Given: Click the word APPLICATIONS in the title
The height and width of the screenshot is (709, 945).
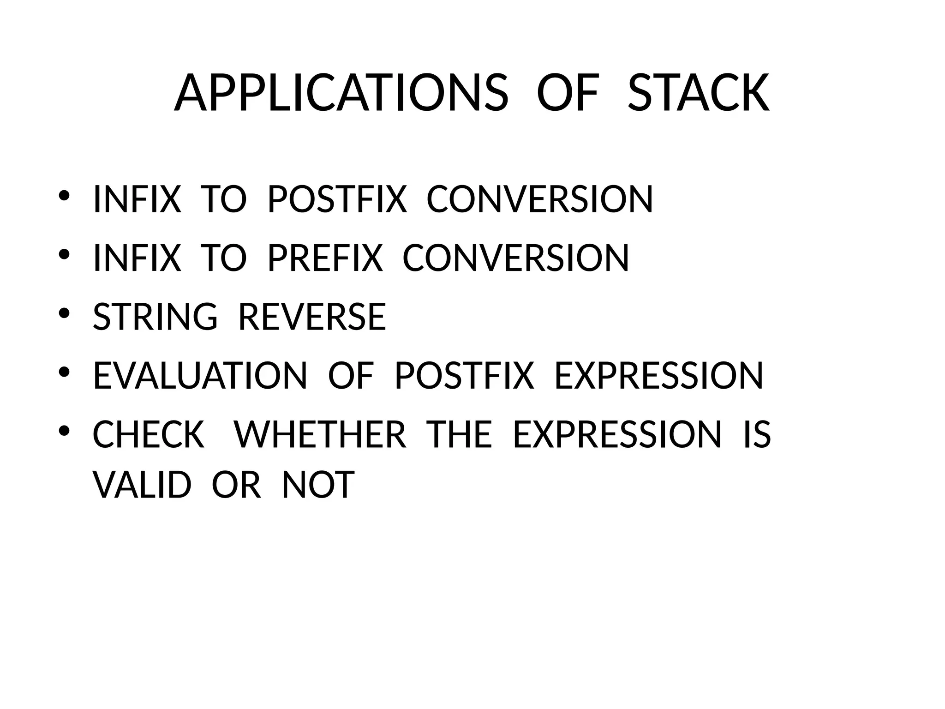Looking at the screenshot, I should [341, 93].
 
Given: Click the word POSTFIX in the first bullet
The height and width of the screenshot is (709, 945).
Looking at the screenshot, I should [337, 199].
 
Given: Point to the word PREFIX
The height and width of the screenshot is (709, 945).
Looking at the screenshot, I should [325, 258].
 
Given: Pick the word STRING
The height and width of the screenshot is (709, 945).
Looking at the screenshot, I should [155, 317].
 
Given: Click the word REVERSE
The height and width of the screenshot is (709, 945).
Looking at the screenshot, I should [312, 317].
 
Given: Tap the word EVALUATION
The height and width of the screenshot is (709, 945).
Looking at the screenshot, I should [200, 376].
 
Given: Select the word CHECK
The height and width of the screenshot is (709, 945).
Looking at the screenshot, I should [149, 434].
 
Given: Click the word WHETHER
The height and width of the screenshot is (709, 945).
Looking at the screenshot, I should [320, 434].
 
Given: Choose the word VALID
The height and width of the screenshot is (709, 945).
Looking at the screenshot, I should [142, 485].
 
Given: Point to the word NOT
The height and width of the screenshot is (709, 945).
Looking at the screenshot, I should [318, 485].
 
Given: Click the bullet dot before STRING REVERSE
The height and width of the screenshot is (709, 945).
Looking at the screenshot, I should [64, 313].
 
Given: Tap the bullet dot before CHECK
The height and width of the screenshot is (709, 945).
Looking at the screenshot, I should [64, 431].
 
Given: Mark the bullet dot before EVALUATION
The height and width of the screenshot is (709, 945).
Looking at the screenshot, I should [64, 372].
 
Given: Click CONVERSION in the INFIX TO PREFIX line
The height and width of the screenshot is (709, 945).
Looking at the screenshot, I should [515, 258].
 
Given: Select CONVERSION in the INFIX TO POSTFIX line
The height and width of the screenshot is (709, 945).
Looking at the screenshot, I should [539, 199].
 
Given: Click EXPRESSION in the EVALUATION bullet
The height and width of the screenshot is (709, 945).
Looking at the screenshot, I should [658, 376].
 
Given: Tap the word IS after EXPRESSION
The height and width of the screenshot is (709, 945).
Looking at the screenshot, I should [757, 434].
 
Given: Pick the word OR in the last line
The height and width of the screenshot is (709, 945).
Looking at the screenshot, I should [236, 485].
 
